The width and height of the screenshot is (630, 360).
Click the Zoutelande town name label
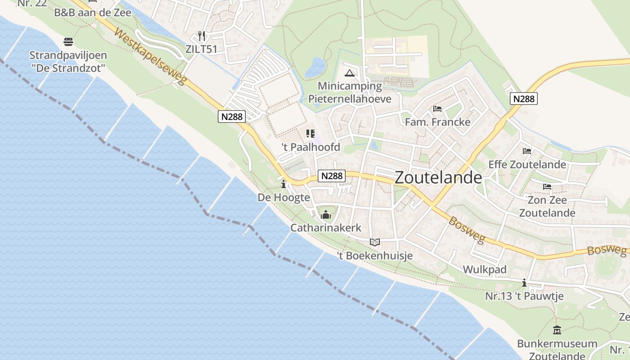[x=438, y=178]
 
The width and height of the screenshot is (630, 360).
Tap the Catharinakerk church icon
[x=326, y=215]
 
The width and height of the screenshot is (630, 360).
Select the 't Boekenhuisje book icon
[x=375, y=242]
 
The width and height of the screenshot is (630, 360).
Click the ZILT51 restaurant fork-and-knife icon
[x=202, y=36]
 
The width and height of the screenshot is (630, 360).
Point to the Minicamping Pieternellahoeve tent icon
[x=350, y=73]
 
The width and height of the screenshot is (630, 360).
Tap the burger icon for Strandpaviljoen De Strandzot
[x=68, y=42]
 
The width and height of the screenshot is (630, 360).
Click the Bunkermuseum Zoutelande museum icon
[x=557, y=330]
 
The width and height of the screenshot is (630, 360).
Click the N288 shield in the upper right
[x=524, y=99]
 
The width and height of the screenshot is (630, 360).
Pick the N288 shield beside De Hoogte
[x=332, y=176]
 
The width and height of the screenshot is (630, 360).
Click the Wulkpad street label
[x=485, y=270]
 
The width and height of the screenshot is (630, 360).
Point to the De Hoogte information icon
[x=283, y=184]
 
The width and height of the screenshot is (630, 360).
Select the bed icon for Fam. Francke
[x=437, y=109]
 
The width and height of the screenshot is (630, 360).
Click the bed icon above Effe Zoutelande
[x=527, y=151]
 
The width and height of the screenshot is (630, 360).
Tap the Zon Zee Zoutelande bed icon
[x=547, y=187]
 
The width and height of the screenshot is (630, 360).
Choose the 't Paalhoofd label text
[x=310, y=147]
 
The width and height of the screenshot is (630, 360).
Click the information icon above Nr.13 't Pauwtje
[x=524, y=283]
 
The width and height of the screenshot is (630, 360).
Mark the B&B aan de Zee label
[x=93, y=13]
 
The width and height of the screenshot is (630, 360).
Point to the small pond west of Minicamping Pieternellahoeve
[x=315, y=67]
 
